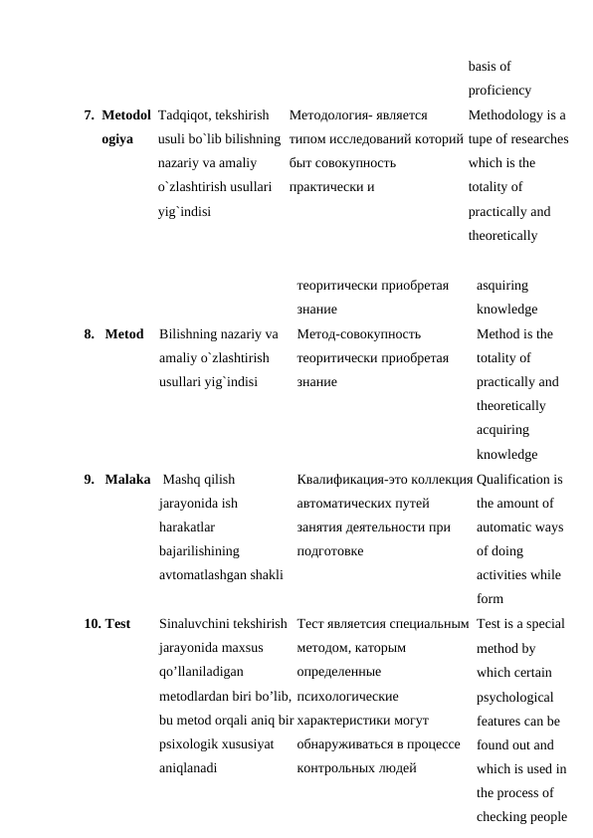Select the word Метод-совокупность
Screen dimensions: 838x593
pos(359,333)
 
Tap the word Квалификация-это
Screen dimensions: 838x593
pos(347,479)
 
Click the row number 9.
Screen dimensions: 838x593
pos(89,479)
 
